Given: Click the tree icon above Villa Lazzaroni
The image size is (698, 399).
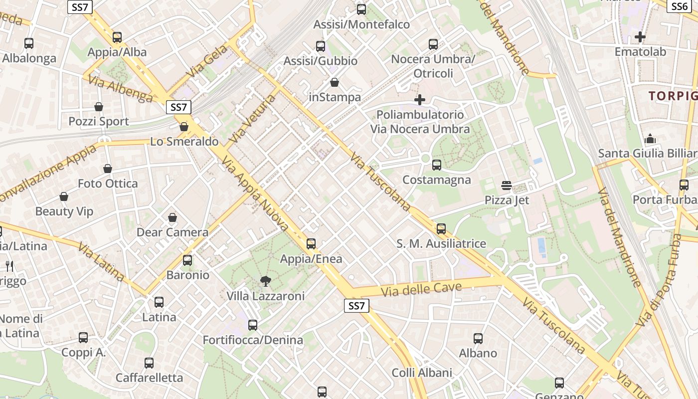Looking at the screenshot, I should click(x=266, y=281).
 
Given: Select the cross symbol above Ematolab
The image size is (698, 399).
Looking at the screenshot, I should click(x=640, y=37).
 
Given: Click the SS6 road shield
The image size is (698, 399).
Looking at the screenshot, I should click(x=680, y=6).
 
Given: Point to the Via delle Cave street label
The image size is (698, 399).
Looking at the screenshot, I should click(x=421, y=289).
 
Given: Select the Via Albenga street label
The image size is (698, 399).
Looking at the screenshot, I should click(x=121, y=89).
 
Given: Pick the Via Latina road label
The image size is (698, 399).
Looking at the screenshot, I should click(x=101, y=261).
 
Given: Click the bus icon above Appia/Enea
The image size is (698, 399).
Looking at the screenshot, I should click(x=311, y=244).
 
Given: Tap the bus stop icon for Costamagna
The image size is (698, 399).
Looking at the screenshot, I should click(x=437, y=165).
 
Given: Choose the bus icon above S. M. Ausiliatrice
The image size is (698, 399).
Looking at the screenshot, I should click(x=441, y=229).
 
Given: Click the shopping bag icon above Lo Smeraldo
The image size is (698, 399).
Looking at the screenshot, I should click(x=184, y=127).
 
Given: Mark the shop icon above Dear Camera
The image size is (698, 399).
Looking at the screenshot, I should click(x=173, y=217).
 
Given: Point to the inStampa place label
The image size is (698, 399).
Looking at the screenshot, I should click(x=335, y=97).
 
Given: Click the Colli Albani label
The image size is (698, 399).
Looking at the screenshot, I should click(x=422, y=373).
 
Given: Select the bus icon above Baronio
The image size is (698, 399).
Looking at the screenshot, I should click(x=187, y=260).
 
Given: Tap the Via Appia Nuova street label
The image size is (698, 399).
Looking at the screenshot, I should click(x=255, y=194).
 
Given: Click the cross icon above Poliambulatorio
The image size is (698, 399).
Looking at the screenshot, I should click(x=420, y=100).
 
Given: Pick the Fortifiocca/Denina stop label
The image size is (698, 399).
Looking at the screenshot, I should click(x=253, y=340).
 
